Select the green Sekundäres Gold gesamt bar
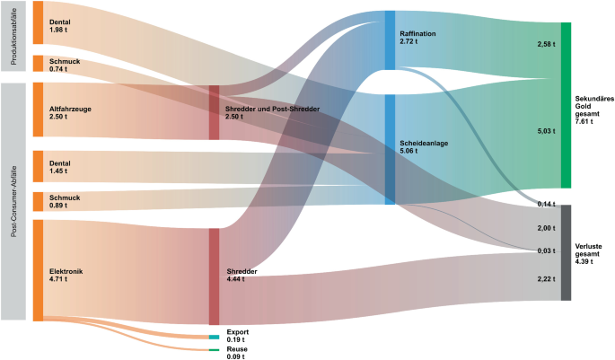point(566,104)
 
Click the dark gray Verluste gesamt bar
point(566,252)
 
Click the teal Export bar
point(214,337)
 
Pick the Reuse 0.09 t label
point(236,352)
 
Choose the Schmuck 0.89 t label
point(65,202)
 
